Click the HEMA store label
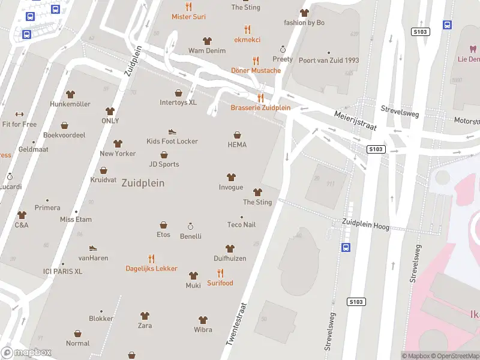coord(237,145)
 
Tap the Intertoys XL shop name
coord(178,103)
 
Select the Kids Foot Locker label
coord(172,142)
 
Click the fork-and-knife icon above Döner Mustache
coord(256,61)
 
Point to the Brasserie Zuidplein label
coord(260,108)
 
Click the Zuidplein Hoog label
coord(365,224)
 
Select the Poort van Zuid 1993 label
coord(328,60)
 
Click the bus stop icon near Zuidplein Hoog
coord(346,247)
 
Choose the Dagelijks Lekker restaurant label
coord(151,269)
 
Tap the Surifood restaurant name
coord(220,283)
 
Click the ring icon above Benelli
coord(191,226)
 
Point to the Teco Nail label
coord(242,225)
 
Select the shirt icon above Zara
coord(145,316)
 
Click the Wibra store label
coord(203,330)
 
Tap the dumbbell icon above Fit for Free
coord(19,115)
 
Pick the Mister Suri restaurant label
coord(188,17)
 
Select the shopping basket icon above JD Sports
coord(164,155)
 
